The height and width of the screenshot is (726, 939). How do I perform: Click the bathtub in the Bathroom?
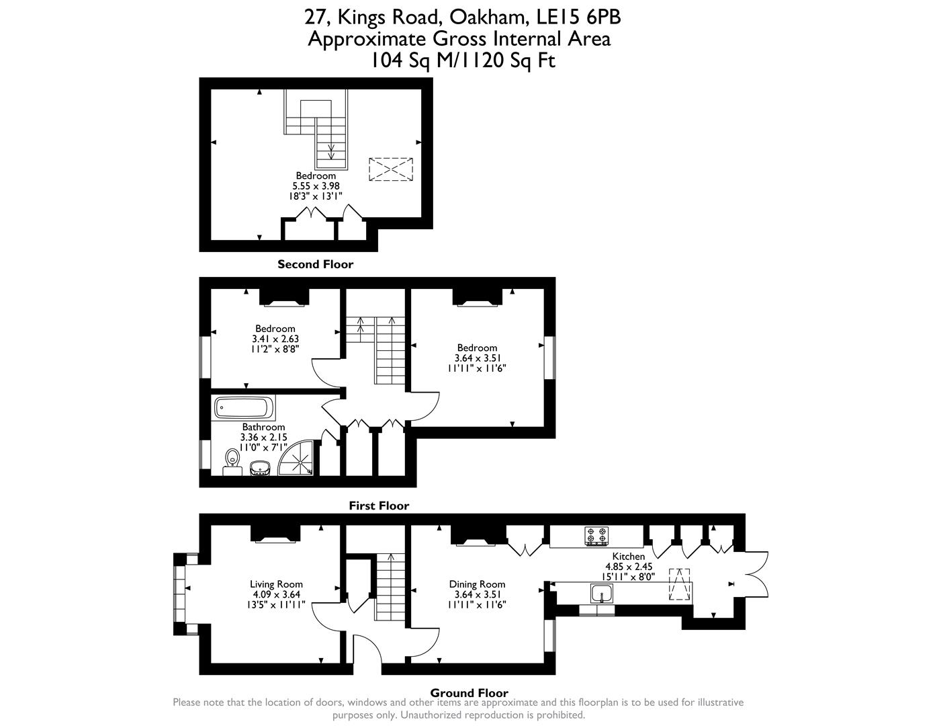click(244, 407)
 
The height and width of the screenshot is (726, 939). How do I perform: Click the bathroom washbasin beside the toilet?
click(259, 467)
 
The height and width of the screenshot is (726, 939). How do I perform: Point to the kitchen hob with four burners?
click(596, 536)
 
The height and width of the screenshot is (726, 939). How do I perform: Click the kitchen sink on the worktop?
click(601, 594)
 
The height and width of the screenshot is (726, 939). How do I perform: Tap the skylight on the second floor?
click(390, 169)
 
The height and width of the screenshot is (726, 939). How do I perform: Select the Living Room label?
click(276, 584)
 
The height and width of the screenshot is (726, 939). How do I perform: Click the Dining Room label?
click(477, 584)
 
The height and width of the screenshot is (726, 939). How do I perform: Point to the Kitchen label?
click(628, 557)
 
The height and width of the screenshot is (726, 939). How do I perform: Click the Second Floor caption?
click(315, 264)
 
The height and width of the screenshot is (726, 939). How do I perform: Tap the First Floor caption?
click(379, 506)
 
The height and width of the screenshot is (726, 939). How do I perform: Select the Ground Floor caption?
click(469, 692)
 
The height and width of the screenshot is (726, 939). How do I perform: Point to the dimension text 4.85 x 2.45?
click(628, 567)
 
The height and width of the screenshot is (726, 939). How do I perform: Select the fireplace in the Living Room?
click(274, 534)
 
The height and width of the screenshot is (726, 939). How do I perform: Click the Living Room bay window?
click(179, 594)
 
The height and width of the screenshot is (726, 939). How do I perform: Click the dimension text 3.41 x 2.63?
click(275, 339)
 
